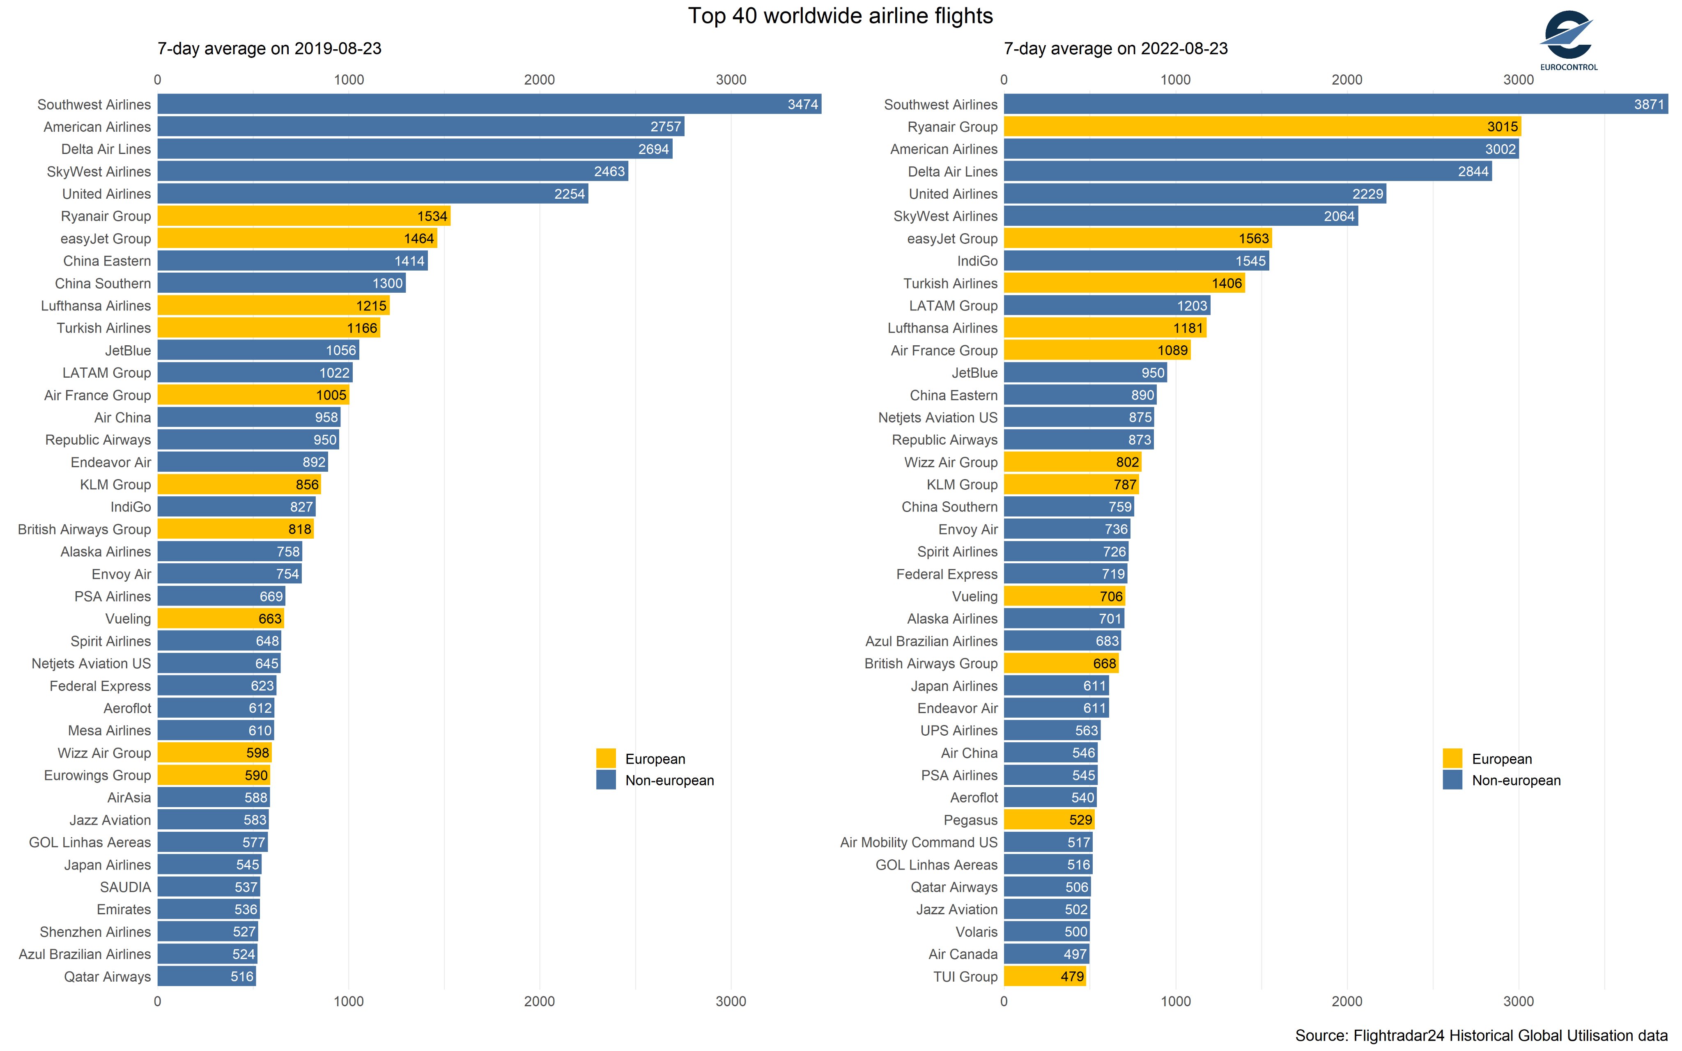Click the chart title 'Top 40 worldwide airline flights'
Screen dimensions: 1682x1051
[840, 16]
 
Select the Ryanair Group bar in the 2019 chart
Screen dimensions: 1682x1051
[304, 216]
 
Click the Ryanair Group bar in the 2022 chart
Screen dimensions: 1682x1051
[1262, 126]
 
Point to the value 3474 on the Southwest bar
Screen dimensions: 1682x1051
[803, 104]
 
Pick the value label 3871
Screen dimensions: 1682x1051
[1649, 104]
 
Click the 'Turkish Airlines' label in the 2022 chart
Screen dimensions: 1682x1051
[950, 284]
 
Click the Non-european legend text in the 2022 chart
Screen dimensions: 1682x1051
[1516, 780]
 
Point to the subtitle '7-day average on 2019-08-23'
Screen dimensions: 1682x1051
[270, 49]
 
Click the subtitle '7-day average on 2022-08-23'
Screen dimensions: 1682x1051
[1116, 49]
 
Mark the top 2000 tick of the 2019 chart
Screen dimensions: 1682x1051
[539, 80]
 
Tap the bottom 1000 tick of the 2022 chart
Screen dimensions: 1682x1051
[1175, 1002]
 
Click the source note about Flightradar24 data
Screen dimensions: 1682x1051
[1481, 1036]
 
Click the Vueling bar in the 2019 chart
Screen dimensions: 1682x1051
[221, 619]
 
